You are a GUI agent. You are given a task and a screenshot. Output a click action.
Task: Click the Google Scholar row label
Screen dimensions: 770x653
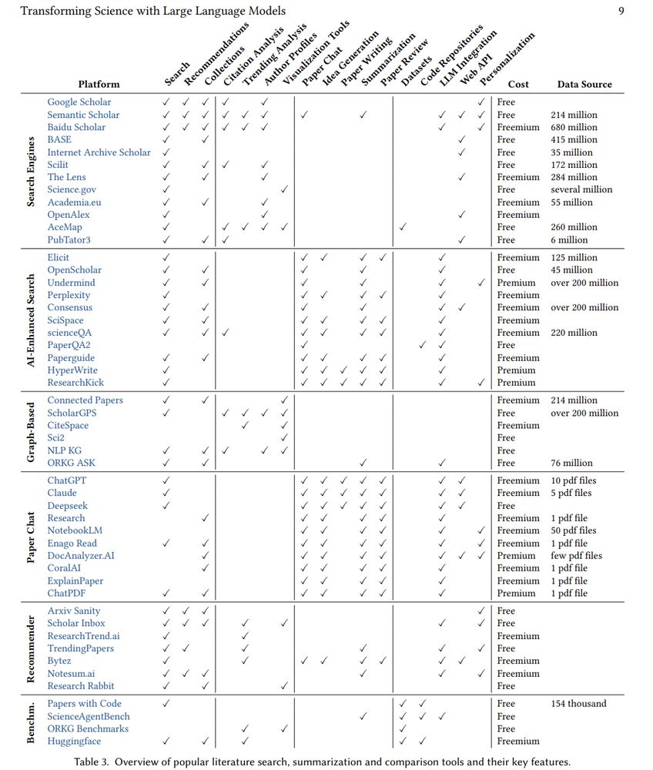tap(79, 102)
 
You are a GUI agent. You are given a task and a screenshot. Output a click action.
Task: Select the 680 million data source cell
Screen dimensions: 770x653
tap(574, 127)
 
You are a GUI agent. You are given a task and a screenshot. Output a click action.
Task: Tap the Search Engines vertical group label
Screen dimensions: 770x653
tap(32, 171)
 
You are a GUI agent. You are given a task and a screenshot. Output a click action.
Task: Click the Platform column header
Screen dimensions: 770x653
tap(99, 84)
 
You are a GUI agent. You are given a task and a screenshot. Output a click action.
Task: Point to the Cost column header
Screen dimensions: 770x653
tap(518, 84)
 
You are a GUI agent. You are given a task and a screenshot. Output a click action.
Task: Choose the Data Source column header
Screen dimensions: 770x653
tap(584, 84)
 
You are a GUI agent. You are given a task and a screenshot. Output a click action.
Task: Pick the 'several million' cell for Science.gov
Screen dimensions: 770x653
tap(581, 189)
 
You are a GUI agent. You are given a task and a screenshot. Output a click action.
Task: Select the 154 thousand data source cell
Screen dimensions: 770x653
tap(578, 703)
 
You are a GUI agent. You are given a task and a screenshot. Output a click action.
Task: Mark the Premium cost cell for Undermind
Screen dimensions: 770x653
tap(516, 283)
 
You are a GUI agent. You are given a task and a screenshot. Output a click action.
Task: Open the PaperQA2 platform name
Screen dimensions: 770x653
tap(69, 345)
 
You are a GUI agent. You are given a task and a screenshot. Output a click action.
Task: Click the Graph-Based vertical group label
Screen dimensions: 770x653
tap(32, 431)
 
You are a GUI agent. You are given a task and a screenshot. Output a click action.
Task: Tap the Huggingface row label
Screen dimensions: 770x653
tap(73, 741)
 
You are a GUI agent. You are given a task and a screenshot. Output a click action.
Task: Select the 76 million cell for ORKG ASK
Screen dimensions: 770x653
tap(571, 463)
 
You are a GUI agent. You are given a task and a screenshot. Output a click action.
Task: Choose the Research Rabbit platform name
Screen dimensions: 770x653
tap(80, 685)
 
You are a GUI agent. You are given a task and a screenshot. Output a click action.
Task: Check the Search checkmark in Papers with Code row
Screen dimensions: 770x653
tap(166, 703)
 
